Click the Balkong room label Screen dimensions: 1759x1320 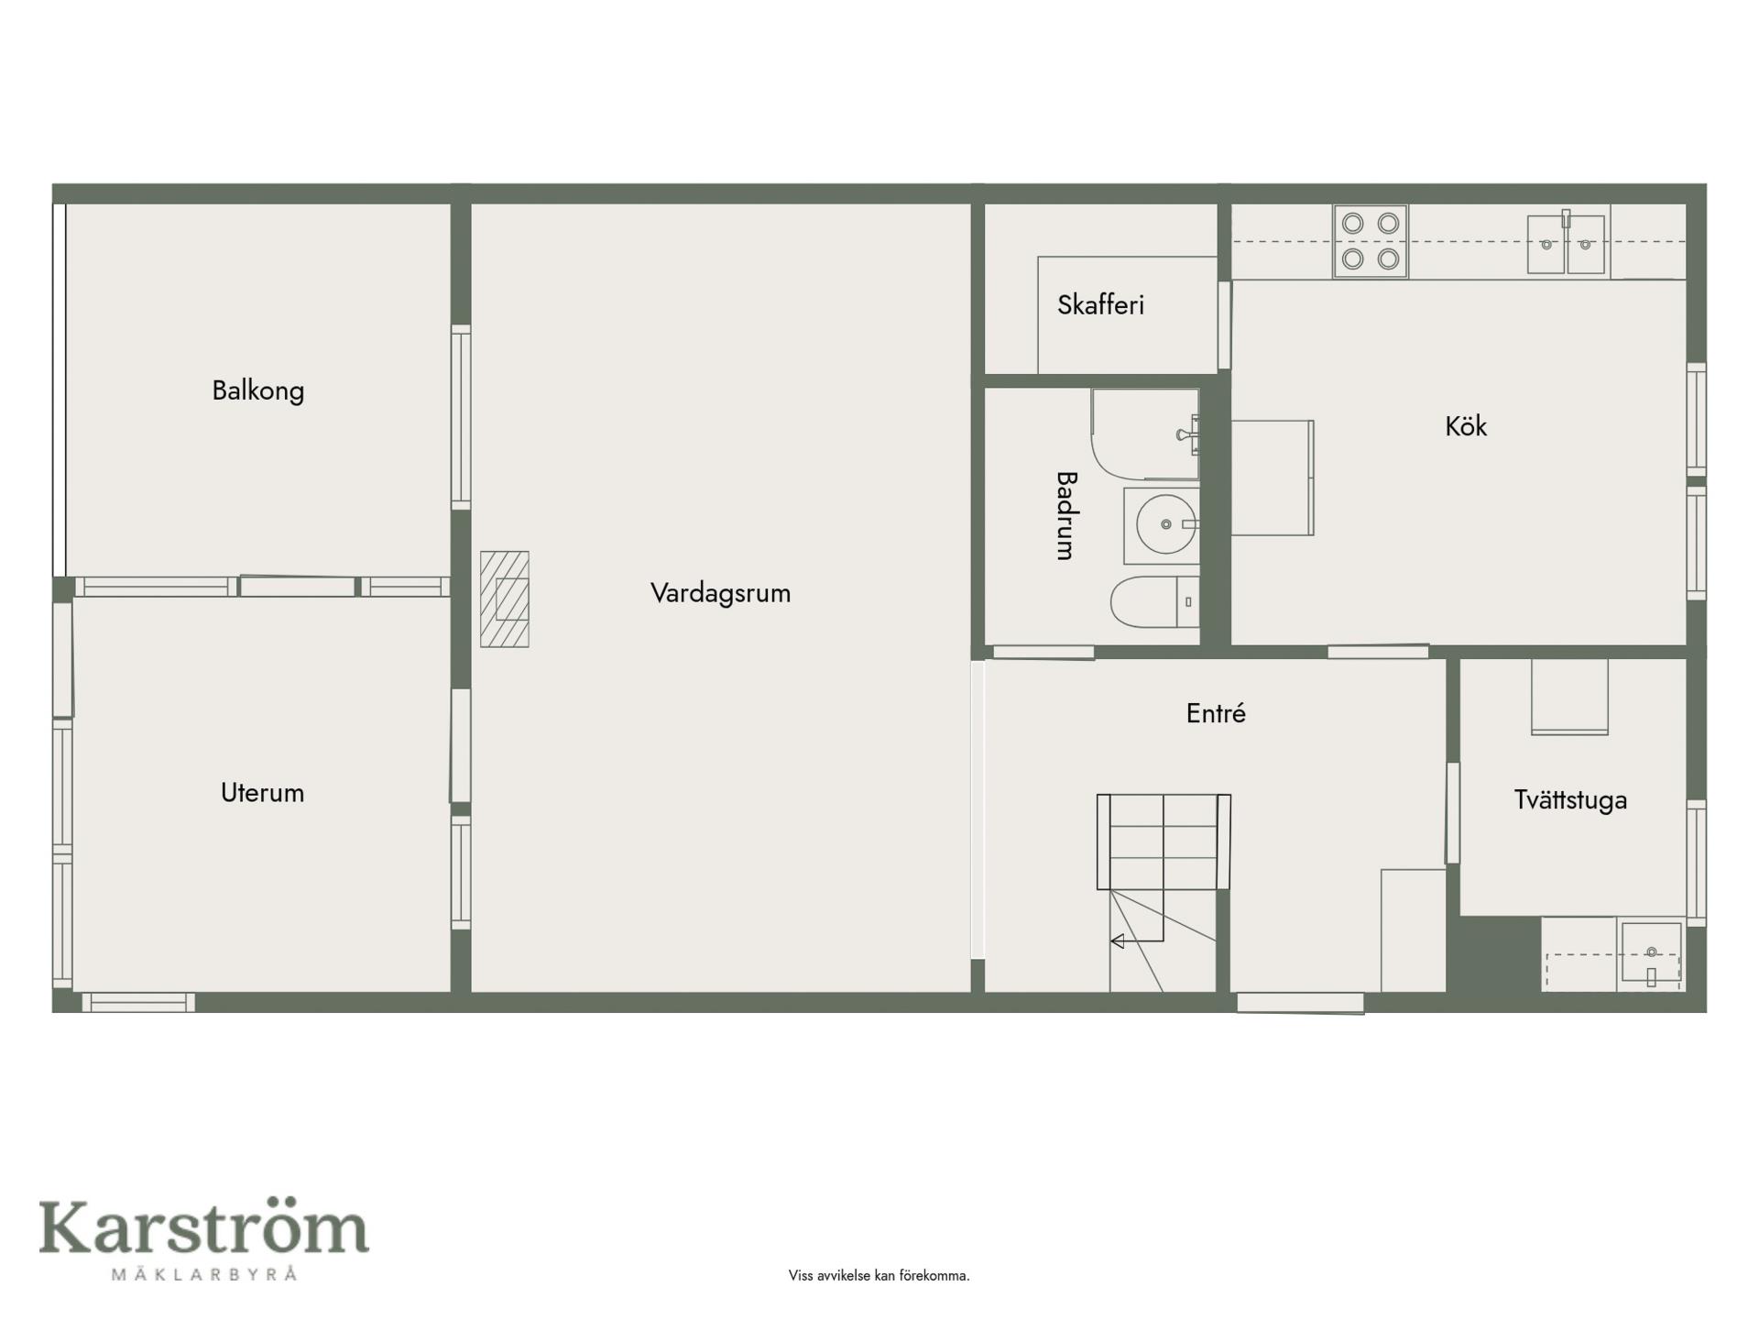tap(258, 391)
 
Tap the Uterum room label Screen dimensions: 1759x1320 tap(262, 793)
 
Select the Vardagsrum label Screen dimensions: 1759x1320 tap(720, 594)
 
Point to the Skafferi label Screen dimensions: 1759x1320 tap(1100, 305)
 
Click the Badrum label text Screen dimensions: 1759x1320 tap(1065, 515)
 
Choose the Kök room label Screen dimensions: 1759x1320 tap(1466, 426)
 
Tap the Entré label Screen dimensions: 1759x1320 tap(1216, 713)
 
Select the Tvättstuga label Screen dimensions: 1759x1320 tap(1570, 800)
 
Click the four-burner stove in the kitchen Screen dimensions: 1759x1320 tap(1371, 241)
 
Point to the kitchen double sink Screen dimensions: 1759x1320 tap(1567, 243)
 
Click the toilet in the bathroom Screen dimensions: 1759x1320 tap(1155, 602)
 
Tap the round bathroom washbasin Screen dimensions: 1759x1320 tap(1163, 525)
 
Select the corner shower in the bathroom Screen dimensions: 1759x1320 tap(1145, 434)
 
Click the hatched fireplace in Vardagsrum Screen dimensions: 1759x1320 tap(505, 599)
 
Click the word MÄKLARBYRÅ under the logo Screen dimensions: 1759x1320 tap(204, 1273)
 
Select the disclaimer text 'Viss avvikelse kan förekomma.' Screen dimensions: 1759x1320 tap(879, 1276)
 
